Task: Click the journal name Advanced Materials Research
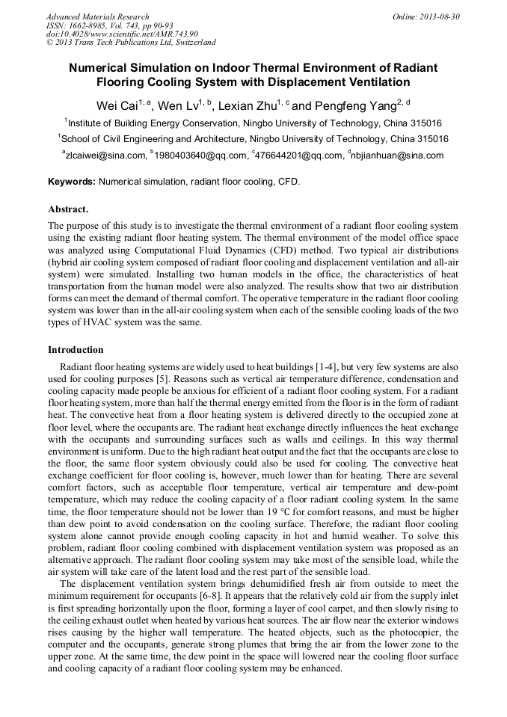pyautogui.click(x=98, y=16)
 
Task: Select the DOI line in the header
pyautogui.click(x=122, y=34)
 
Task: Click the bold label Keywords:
pyautogui.click(x=72, y=182)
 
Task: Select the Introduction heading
pyautogui.click(x=76, y=349)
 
